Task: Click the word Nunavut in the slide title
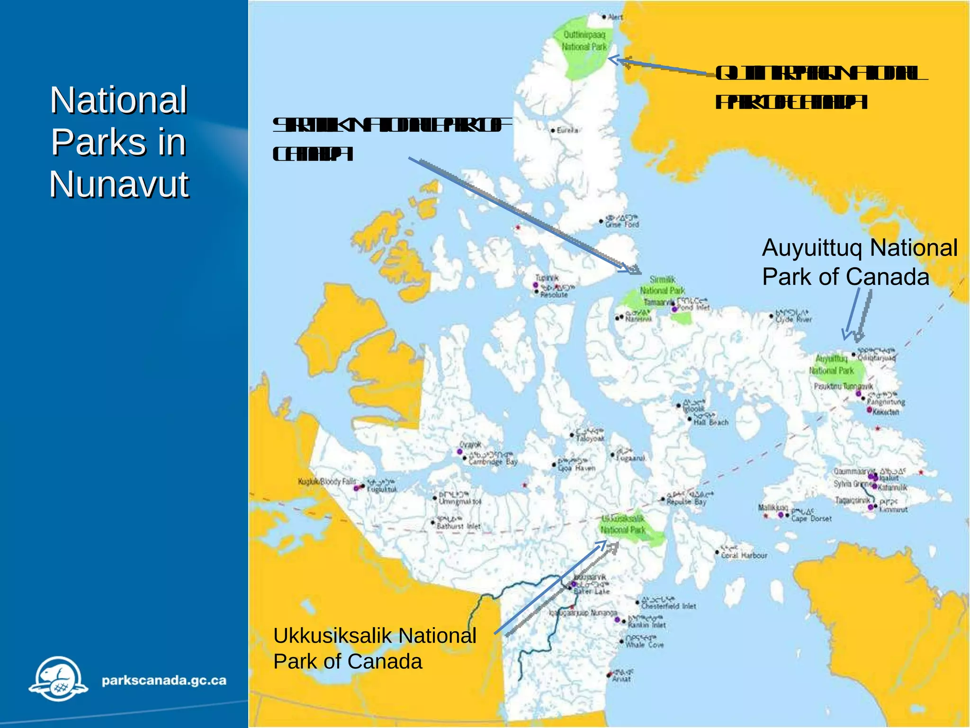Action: coord(119,184)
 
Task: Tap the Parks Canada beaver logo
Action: coord(59,679)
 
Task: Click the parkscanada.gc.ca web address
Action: coord(164,681)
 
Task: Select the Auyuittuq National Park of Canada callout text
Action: coord(859,262)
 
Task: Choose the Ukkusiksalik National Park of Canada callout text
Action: coord(374,648)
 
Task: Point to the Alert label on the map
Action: coord(615,17)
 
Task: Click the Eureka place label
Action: coord(567,130)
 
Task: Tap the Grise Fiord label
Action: coord(622,224)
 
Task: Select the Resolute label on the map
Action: coord(554,294)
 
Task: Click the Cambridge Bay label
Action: coord(493,462)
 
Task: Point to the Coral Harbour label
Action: coord(744,555)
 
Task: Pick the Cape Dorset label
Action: coord(811,519)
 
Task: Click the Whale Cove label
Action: coord(644,645)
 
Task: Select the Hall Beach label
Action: coord(710,422)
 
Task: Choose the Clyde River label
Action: coord(793,319)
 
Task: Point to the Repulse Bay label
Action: coord(686,501)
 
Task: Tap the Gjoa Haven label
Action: coord(576,468)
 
